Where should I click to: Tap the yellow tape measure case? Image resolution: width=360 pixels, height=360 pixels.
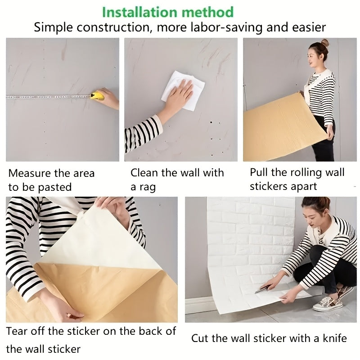point(96,95)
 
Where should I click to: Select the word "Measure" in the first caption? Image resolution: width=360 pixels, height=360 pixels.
point(28,173)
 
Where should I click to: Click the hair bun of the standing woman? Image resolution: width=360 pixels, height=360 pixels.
point(324,43)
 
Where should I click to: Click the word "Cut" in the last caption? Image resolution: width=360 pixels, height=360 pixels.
point(201,338)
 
